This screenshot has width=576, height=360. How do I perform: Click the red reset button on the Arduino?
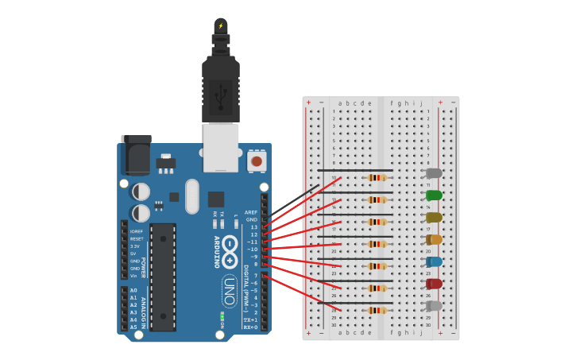pos(256,161)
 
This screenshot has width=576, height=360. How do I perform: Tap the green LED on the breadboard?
pos(434,195)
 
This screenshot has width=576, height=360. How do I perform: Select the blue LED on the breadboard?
pos(434,261)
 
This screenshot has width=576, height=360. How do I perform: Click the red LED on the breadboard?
pos(434,284)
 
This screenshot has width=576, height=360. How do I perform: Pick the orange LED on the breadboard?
pos(434,239)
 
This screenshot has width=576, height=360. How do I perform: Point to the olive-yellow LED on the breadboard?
pos(434,218)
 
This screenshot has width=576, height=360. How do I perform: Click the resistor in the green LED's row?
pos(377,199)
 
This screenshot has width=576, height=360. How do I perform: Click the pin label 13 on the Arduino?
pos(253,227)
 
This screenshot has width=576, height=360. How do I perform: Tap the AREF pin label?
pos(251,212)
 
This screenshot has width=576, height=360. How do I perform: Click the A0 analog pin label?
pos(133,290)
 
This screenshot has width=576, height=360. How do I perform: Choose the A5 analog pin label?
pos(133,327)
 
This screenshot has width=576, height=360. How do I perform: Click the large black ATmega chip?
pos(163,277)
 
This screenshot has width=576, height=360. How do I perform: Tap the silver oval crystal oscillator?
pos(191,196)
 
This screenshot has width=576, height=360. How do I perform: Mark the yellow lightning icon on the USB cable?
pos(221,25)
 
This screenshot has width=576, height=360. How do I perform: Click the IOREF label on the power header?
pos(137,231)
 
